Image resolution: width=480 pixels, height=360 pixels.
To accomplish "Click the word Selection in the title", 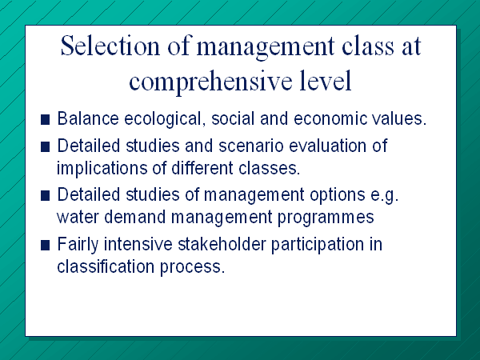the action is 110,46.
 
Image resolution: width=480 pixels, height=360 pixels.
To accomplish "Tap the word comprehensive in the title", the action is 210,82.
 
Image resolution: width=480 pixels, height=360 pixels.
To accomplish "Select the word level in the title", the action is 325,80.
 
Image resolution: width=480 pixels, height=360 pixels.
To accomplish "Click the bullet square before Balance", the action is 45,120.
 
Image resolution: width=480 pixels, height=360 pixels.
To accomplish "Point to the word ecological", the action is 165,119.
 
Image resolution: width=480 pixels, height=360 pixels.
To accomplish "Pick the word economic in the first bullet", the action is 330,118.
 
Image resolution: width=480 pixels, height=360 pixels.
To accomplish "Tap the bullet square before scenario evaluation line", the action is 45,147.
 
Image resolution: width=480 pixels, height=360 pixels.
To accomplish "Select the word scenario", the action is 251,146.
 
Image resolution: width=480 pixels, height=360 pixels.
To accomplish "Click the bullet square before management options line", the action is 45,196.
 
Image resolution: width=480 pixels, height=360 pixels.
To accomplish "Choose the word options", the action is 338,196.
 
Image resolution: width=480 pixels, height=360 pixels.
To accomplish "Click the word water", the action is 78,218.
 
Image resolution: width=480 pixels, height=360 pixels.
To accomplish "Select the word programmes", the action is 326,218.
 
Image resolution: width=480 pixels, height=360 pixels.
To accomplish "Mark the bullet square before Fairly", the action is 45,246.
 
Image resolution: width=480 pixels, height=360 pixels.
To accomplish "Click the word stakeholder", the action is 222,244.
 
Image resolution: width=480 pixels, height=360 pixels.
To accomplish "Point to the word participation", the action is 318,246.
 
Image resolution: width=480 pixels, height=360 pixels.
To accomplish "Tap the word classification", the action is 106,266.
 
